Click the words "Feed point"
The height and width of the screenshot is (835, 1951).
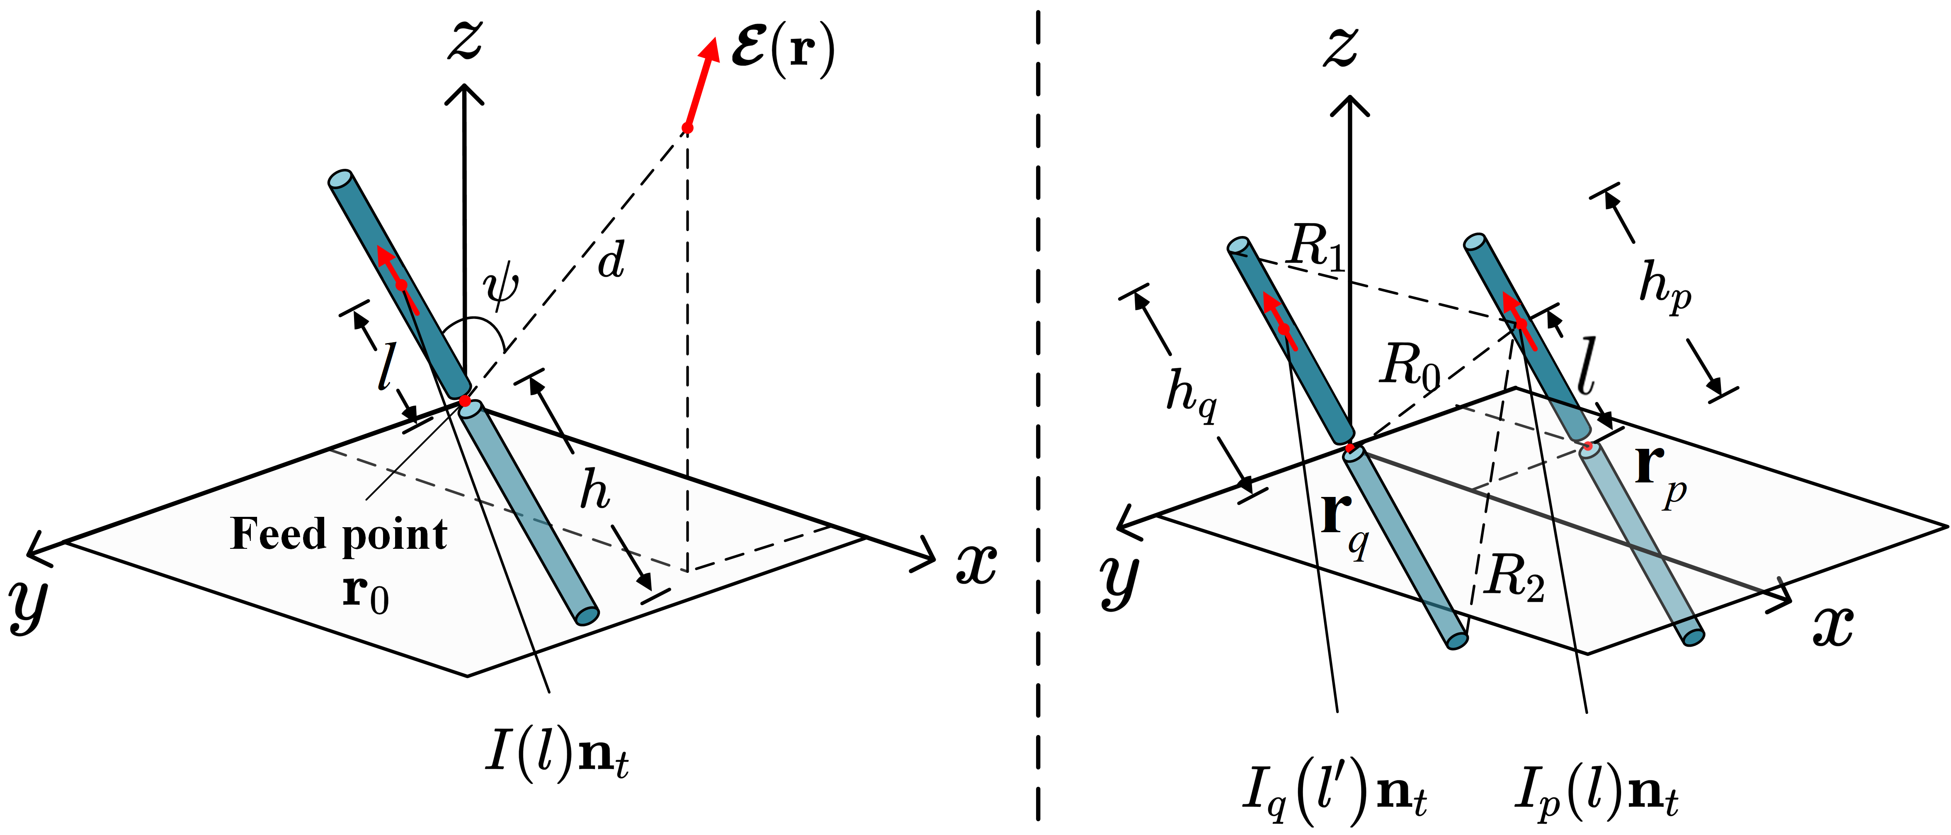tap(339, 535)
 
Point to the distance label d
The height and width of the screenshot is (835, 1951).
tap(610, 260)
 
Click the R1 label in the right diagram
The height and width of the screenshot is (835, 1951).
tap(1316, 247)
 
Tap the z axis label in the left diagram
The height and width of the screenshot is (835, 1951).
tap(465, 41)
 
